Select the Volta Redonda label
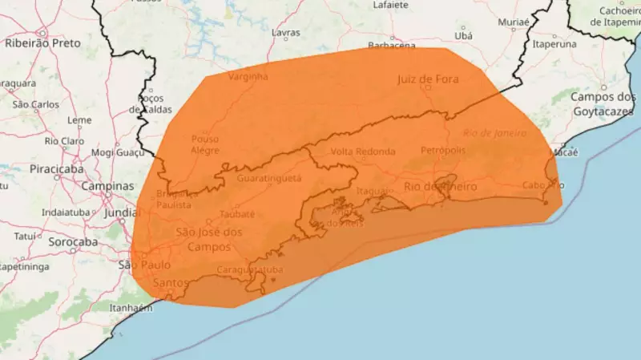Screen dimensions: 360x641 pyautogui.click(x=363, y=152)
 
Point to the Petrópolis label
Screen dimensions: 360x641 pyautogui.click(x=442, y=150)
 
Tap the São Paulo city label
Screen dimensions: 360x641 pyautogui.click(x=147, y=265)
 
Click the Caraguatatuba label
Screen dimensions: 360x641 pyautogui.click(x=250, y=270)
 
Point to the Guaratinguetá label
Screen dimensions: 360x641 pyautogui.click(x=269, y=177)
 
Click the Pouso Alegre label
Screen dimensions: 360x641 pyautogui.click(x=205, y=144)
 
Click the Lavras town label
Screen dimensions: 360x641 pyautogui.click(x=286, y=33)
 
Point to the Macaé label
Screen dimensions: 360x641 pyautogui.click(x=565, y=152)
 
